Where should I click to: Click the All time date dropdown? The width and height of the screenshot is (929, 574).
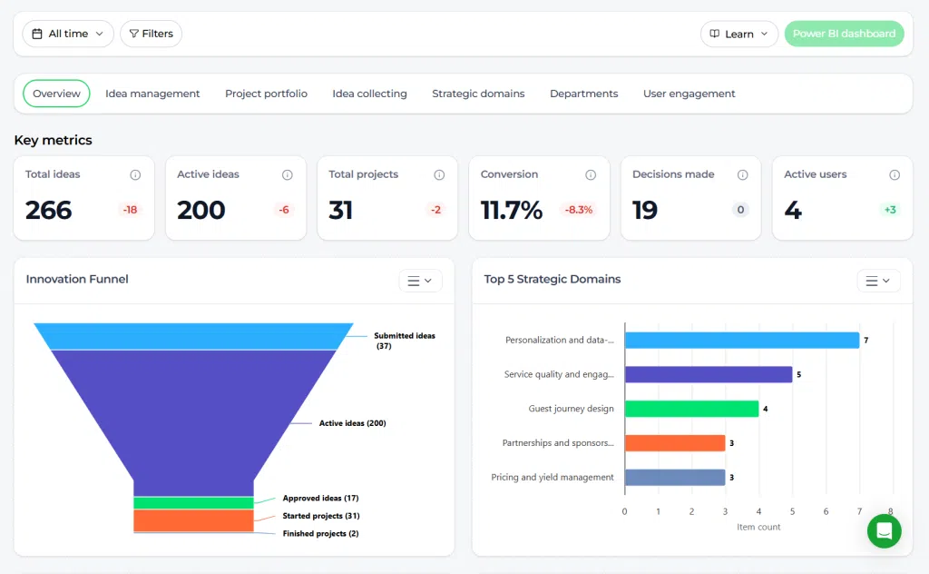[x=67, y=34]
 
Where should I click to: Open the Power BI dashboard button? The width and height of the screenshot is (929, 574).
[x=845, y=34]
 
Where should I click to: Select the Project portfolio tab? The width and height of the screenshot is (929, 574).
[x=266, y=94]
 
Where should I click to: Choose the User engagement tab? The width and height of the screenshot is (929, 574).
[x=689, y=94]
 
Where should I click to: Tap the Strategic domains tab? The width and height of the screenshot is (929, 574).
[x=478, y=94]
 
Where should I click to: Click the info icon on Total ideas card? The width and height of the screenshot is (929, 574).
[x=135, y=174]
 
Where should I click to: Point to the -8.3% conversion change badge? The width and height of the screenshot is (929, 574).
[x=578, y=209]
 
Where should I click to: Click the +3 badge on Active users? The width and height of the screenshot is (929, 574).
[x=890, y=209]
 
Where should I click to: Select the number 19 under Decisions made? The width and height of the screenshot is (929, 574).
[x=645, y=210]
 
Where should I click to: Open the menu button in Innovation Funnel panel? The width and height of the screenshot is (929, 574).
[x=419, y=281]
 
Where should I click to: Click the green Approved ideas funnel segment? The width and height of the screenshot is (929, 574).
[x=194, y=503]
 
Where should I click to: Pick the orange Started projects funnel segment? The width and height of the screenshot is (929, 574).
[x=194, y=520]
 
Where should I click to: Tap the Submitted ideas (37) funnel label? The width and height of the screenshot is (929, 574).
[x=404, y=341]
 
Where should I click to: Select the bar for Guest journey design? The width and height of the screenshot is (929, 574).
[x=691, y=409]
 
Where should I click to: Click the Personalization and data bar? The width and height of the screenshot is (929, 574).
[x=742, y=341]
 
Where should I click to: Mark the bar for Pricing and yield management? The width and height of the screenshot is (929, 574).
[x=675, y=478]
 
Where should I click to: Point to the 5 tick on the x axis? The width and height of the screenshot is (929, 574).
[x=792, y=511]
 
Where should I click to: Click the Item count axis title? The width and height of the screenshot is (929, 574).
[x=758, y=527]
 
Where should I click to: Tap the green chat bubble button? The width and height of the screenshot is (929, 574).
[x=884, y=530]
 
